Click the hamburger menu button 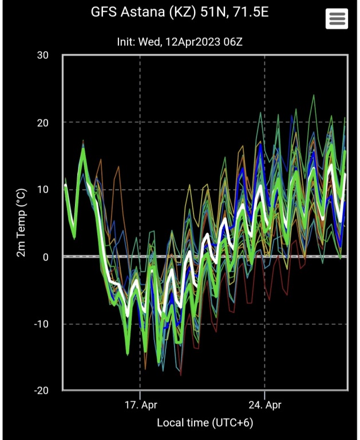[337, 19]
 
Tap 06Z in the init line [232, 42]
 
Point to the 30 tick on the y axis [43, 56]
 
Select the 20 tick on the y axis [43, 123]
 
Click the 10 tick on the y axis [43, 190]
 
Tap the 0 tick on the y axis [46, 257]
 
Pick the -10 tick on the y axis [41, 324]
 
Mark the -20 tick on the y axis [41, 391]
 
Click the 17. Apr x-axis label [140, 404]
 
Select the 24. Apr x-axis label [265, 404]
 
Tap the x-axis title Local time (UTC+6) [204, 423]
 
